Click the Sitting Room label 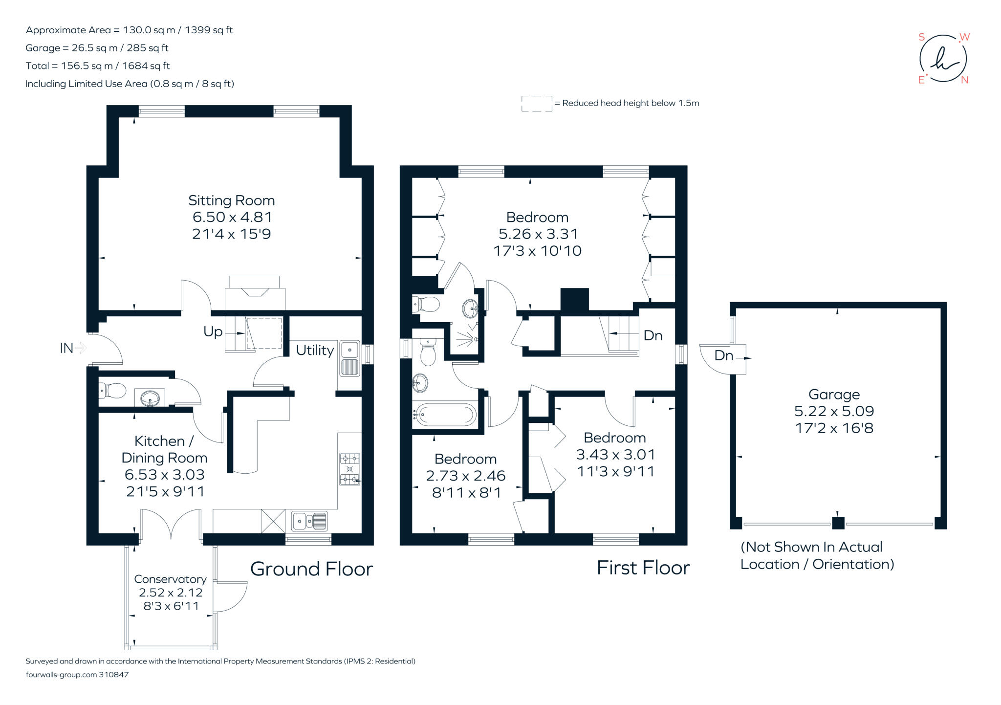(231, 200)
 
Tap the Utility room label (315, 350)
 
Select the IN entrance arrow (81, 348)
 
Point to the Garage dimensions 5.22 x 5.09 (834, 411)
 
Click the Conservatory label (170, 579)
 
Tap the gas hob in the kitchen (349, 469)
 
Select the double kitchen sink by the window (309, 521)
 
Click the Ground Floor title (311, 569)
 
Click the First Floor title (643, 568)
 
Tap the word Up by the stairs (213, 331)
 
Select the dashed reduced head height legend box (536, 103)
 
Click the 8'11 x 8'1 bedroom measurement (466, 492)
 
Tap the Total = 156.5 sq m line (97, 66)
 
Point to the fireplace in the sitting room (255, 293)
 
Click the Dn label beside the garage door (723, 355)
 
